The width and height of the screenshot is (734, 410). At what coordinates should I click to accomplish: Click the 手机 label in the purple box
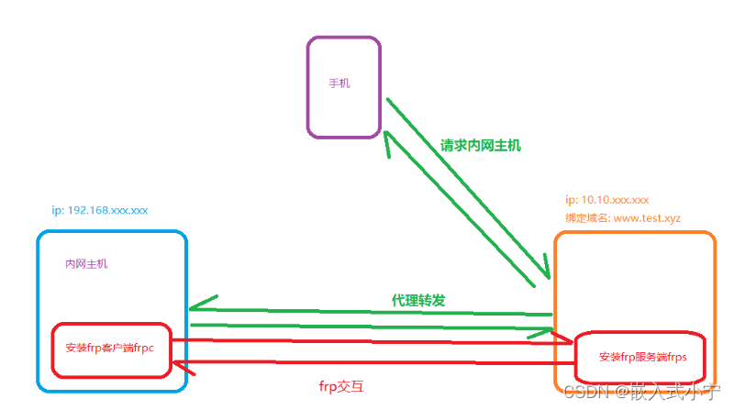coord(339,83)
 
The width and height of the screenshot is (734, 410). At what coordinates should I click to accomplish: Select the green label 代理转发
coord(418,300)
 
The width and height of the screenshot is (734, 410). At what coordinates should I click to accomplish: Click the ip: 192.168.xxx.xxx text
coord(100,210)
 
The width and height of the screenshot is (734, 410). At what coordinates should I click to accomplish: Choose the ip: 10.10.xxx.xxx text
coord(607,199)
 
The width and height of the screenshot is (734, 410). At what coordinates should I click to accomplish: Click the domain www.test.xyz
coord(647,218)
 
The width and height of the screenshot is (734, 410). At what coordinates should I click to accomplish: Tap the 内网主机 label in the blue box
coord(85,263)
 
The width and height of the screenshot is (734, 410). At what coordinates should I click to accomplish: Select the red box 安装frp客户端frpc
coord(111,349)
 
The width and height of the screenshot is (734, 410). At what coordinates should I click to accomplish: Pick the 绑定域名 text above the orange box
coord(586,218)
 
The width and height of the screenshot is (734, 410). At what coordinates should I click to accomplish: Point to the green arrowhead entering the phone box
coord(388,137)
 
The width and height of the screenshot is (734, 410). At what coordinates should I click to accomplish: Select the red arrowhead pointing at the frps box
coord(565,342)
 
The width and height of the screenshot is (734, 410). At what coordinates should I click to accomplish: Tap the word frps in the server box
coord(673,357)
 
